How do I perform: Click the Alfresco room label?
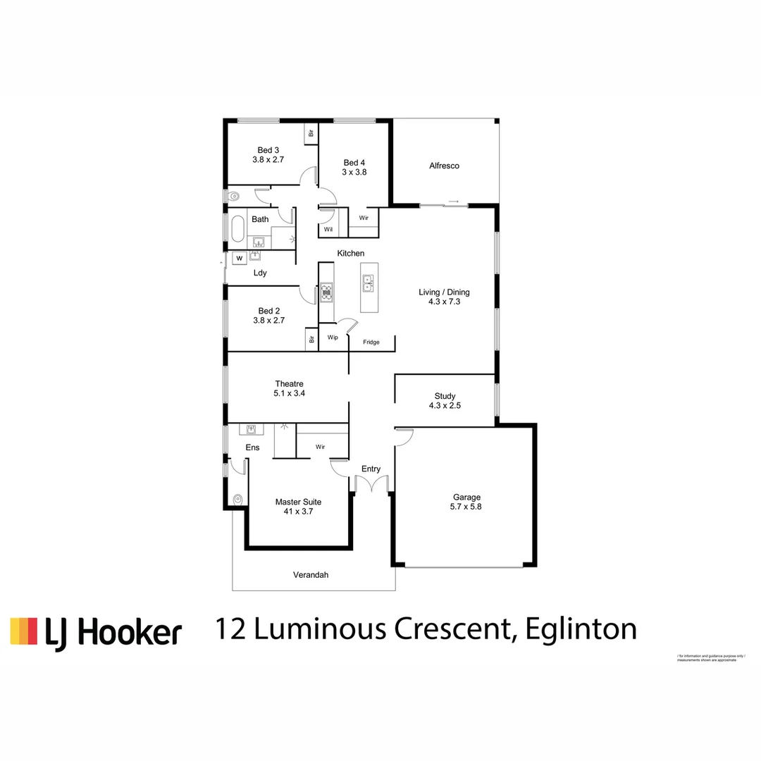444,166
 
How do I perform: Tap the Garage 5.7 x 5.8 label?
466,502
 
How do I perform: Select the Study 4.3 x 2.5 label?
445,401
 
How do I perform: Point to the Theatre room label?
289,388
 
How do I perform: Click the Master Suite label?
298,507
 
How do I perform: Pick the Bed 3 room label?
268,155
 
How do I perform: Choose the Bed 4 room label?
354,166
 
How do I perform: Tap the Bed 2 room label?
268,315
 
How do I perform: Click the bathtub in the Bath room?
237,229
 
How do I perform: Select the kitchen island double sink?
369,283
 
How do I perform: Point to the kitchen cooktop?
326,292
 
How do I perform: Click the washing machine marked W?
239,258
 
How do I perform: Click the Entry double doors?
371,485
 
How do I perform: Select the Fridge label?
371,342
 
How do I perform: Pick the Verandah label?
311,575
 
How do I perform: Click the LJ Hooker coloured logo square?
23,631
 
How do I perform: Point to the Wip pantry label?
333,338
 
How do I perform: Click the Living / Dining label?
444,297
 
